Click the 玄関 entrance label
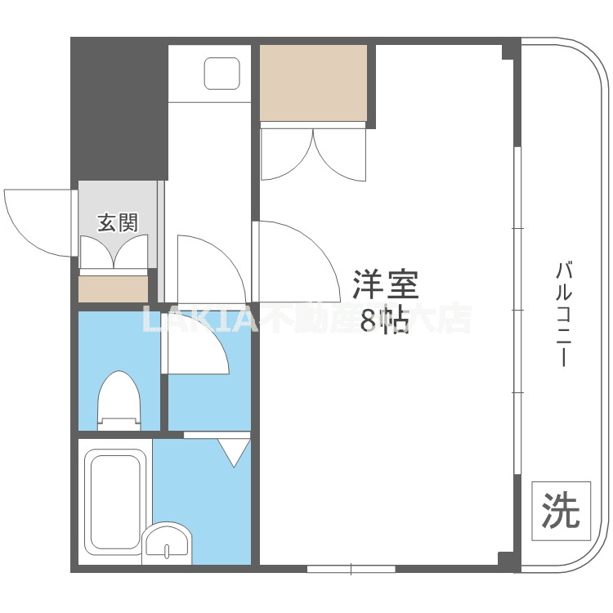click(x=119, y=221)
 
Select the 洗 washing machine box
click(x=561, y=510)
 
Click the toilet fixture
click(x=119, y=400)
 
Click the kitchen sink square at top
click(x=221, y=74)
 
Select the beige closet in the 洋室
click(x=314, y=83)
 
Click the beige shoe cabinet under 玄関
click(x=114, y=289)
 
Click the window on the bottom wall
click(x=351, y=568)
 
